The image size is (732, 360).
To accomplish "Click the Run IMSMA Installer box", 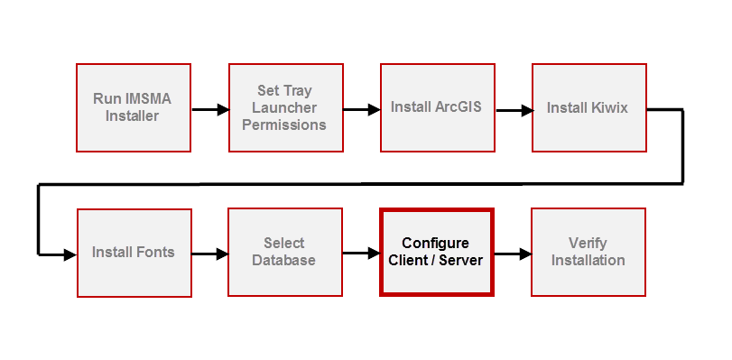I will tap(133, 107).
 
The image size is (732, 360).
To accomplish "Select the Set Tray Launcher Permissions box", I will tap(284, 107).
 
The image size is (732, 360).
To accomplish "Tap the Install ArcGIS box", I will tap(437, 107).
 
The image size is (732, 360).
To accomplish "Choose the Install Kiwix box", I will tap(588, 107).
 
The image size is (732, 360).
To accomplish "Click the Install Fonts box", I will tap(134, 252).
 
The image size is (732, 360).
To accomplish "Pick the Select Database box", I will tap(284, 252).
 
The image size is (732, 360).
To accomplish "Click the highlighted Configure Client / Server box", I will tap(436, 252).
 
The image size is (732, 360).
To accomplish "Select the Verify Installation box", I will tap(588, 252).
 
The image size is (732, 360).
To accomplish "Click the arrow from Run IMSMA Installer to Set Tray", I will tap(209, 110).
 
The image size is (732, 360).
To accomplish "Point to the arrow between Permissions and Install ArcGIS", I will tap(361, 110).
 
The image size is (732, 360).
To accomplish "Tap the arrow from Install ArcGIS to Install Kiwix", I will tap(513, 110).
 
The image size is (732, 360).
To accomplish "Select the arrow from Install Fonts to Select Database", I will tap(209, 254).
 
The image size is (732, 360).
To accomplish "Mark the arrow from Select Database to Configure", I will tap(361, 254).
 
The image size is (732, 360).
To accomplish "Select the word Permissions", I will tap(284, 125).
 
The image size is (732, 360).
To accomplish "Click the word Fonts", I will tap(155, 252).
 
